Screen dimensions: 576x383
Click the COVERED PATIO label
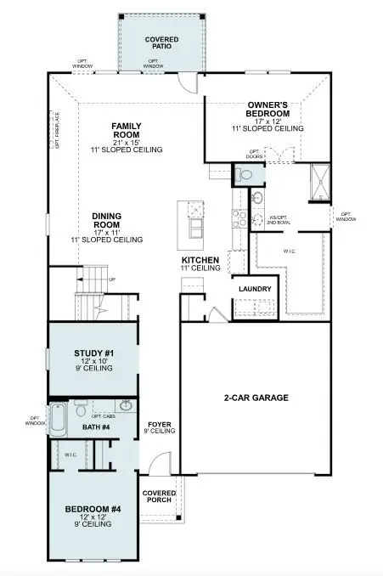pyautogui.click(x=161, y=43)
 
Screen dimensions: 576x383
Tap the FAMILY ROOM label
pyautogui.click(x=125, y=131)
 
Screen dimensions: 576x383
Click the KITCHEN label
pyautogui.click(x=200, y=260)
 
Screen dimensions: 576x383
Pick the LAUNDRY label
pyautogui.click(x=254, y=289)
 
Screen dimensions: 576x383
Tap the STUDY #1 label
pyautogui.click(x=88, y=354)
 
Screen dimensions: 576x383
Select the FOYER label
pyautogui.click(x=160, y=424)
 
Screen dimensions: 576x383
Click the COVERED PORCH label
pyautogui.click(x=159, y=496)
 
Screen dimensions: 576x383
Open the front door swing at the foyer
pyautogui.click(x=156, y=466)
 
